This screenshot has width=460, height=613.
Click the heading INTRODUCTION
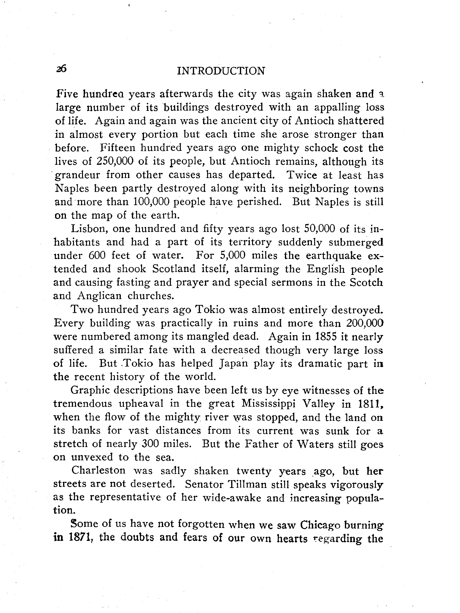[221, 71]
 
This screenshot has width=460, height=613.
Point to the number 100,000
[151, 202]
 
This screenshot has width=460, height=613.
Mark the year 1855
[326, 336]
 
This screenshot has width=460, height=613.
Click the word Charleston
[98, 471]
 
